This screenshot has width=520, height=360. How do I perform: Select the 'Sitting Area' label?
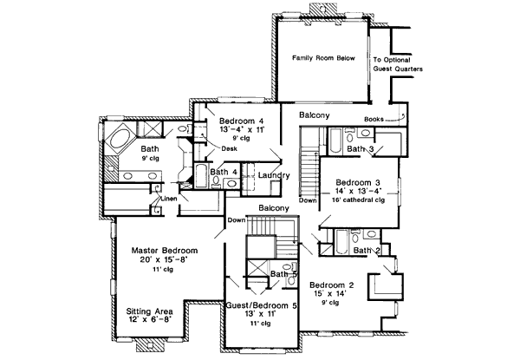[147, 311]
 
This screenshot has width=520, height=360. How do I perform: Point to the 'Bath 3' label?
[360, 149]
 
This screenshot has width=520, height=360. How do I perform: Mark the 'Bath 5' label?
[283, 275]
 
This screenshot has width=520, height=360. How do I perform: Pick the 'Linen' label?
[169, 199]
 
